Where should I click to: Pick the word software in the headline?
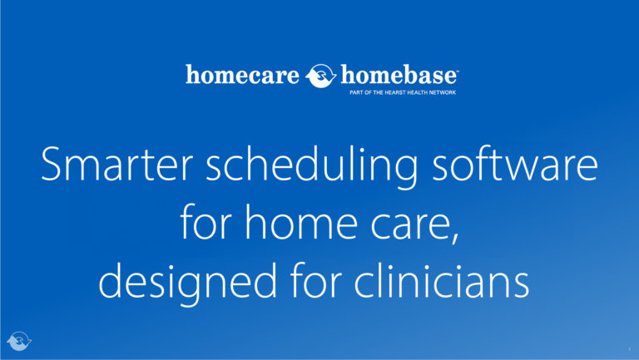518,166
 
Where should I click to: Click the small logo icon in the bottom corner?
18,341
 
